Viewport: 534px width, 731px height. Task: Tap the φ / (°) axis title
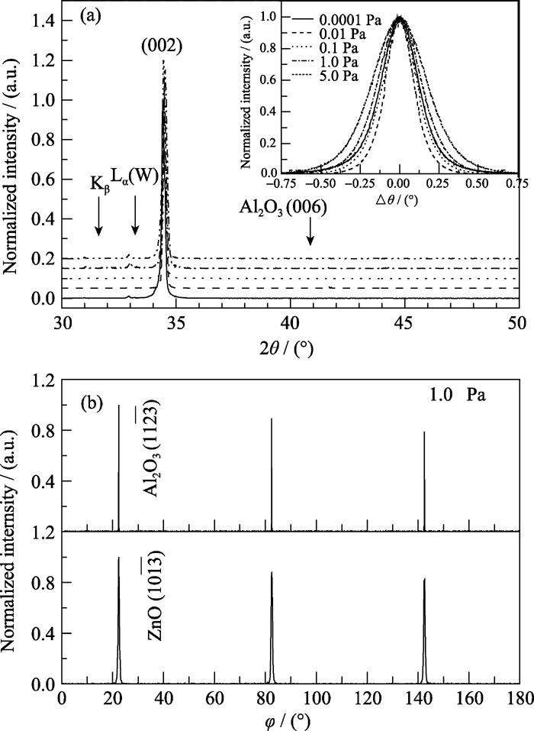click(x=288, y=720)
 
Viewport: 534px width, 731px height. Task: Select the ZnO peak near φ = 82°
click(x=272, y=626)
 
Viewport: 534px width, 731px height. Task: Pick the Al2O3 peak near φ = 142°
click(x=424, y=481)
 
